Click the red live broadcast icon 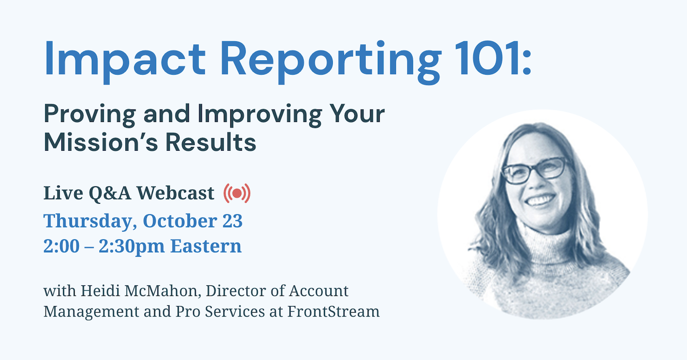[237, 193]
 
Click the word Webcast [175, 193]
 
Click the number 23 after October [232, 221]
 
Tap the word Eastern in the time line [206, 246]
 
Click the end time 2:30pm [131, 247]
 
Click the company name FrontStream [333, 311]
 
